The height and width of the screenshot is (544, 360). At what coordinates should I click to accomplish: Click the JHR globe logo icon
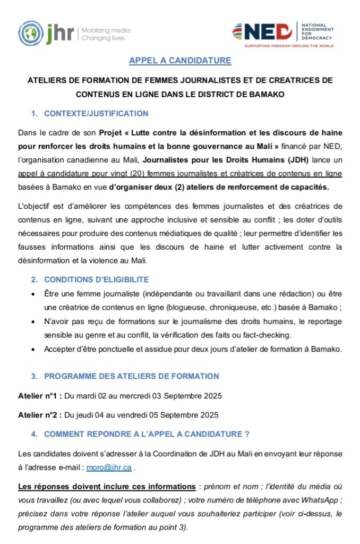click(29, 32)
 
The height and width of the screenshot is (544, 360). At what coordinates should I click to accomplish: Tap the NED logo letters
click(268, 32)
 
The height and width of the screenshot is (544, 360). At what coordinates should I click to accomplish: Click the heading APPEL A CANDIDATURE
click(180, 61)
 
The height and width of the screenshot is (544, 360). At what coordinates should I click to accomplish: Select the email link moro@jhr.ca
click(117, 468)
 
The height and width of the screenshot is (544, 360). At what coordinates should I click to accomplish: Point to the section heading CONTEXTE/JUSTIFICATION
click(96, 114)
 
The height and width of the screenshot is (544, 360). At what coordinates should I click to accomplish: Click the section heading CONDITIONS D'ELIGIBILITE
click(96, 279)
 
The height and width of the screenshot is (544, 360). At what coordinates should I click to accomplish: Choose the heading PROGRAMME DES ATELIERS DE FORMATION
click(131, 376)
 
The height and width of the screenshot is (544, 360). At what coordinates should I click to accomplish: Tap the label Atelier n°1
click(39, 396)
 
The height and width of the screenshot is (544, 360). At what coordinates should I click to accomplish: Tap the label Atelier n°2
click(39, 415)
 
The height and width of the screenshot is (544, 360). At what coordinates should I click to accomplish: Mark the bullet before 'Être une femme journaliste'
click(33, 294)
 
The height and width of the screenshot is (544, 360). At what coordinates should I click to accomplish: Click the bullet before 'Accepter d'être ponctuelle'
click(33, 349)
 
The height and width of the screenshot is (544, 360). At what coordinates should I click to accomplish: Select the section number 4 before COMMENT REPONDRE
click(33, 434)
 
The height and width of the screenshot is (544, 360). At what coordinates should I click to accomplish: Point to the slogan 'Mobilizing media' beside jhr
click(106, 30)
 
